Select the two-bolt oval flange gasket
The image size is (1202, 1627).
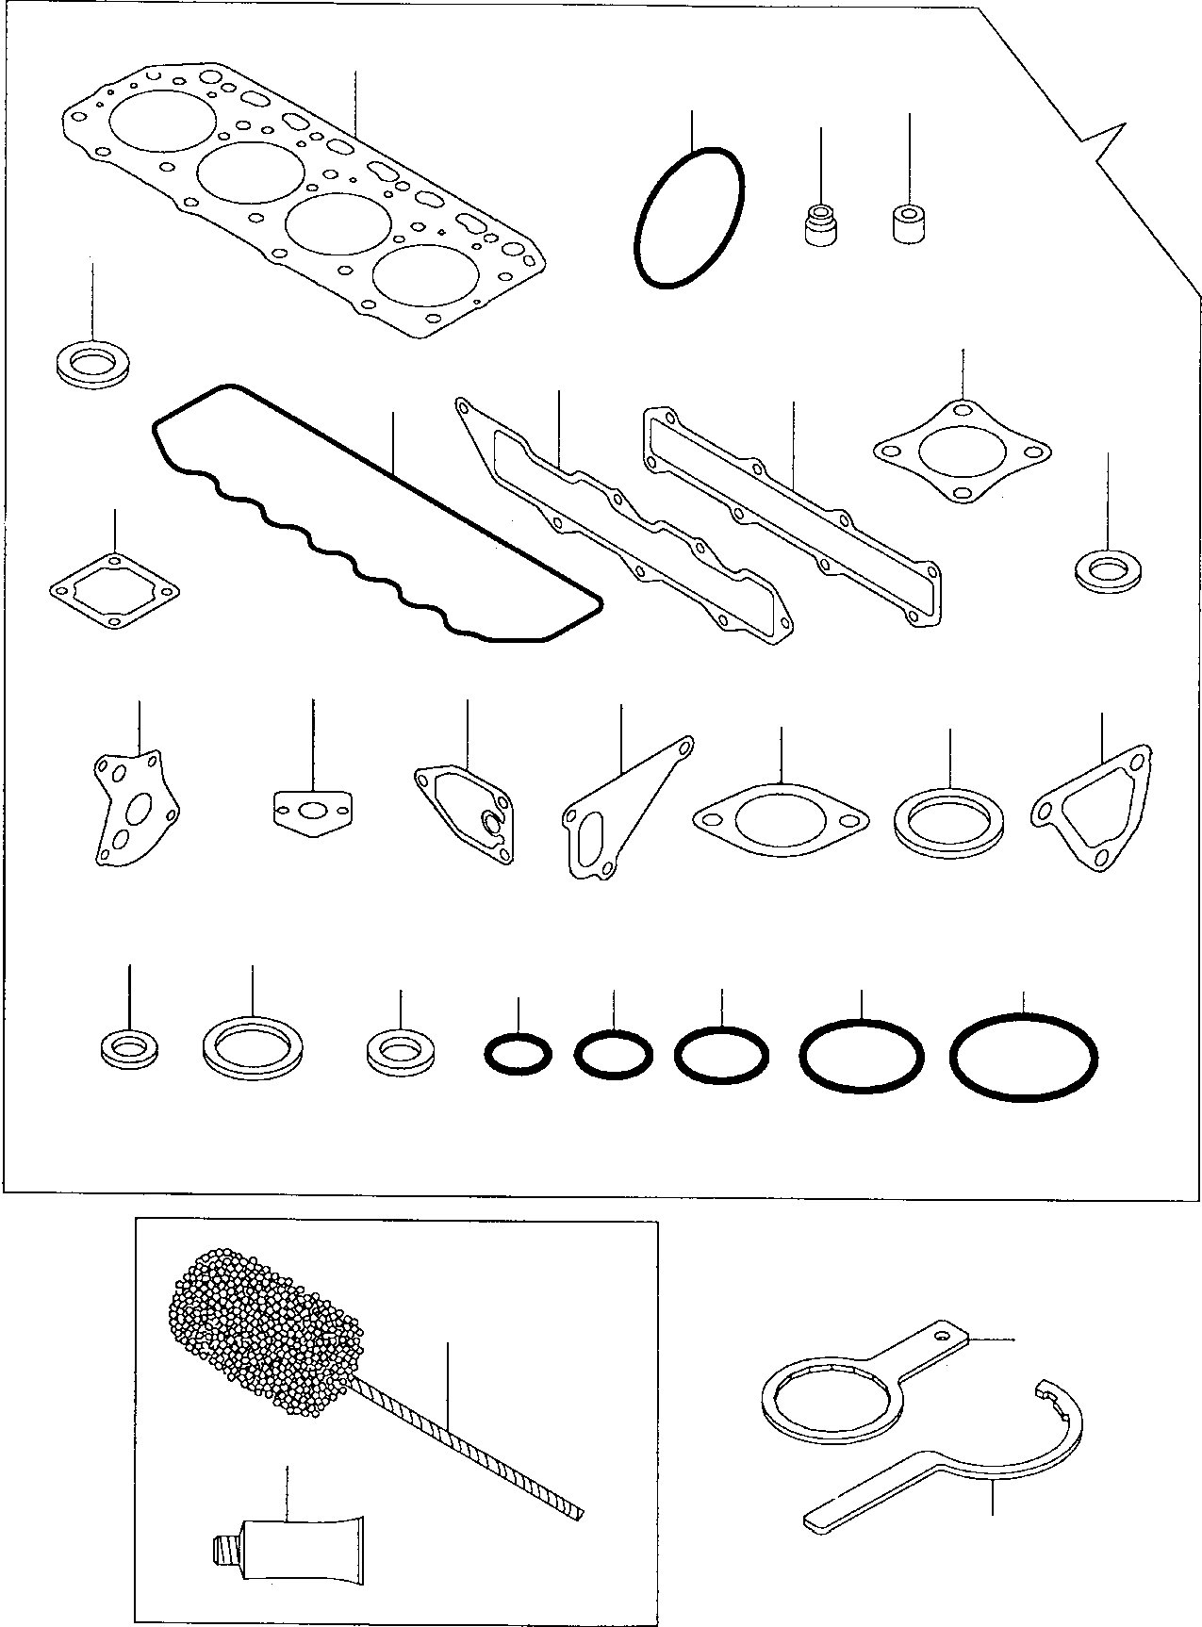coord(780,818)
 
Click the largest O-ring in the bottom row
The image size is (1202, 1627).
coord(1023,1056)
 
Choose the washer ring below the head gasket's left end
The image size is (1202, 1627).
coord(94,363)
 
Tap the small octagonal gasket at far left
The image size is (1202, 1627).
coord(113,594)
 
